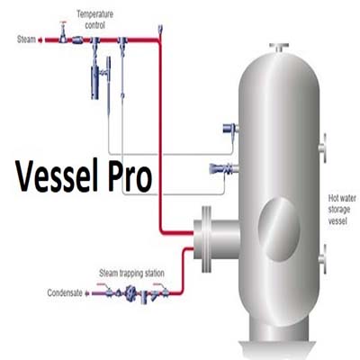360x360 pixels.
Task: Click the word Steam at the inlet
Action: tap(26, 40)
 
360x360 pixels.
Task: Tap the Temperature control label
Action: tap(94, 20)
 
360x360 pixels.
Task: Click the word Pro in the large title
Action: tap(130, 177)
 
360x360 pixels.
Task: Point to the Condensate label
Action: tap(65, 292)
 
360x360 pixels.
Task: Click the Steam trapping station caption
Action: tap(131, 274)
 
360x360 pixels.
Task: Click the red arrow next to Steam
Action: tap(40, 40)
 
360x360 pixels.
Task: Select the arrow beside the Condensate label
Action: tap(87, 293)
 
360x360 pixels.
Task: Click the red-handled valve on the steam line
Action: tap(63, 32)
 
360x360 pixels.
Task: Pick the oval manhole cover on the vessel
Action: tap(279, 229)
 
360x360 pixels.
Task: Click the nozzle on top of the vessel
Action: tap(279, 48)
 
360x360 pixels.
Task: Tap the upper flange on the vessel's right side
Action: tap(322, 148)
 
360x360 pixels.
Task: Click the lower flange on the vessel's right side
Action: tap(322, 259)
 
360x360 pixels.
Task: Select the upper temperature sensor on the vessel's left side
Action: tap(230, 129)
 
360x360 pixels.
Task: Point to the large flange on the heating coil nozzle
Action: tap(206, 238)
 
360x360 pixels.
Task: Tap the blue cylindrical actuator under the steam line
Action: tap(94, 82)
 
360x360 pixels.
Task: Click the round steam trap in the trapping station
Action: tap(130, 292)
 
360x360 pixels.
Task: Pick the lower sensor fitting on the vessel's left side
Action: tap(224, 168)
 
